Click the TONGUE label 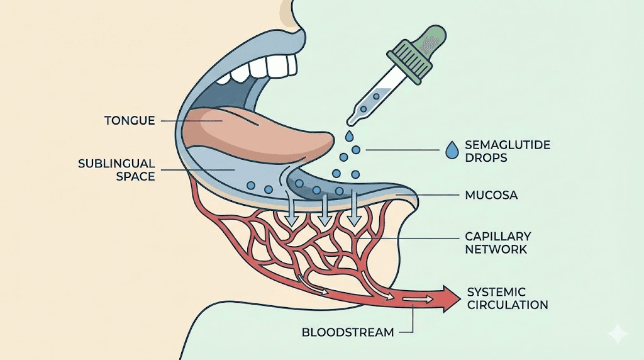coord(130,120)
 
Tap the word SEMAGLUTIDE coord(508,145)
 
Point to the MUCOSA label coord(491,195)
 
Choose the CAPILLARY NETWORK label coord(497,243)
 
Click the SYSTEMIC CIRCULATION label coord(508,298)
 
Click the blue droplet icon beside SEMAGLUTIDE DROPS coord(450,150)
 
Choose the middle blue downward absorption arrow coord(324,212)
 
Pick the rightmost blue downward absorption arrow coord(355,212)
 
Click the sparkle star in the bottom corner coord(618,334)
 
